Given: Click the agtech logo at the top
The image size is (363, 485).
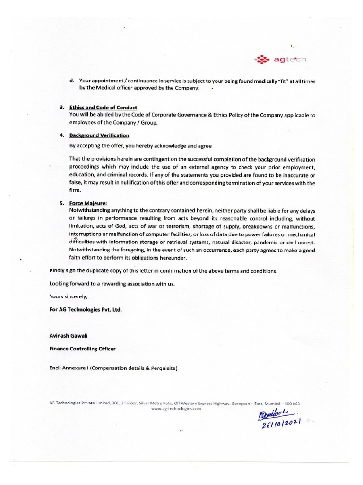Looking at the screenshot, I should [280, 60].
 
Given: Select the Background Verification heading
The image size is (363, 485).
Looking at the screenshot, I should [99, 135].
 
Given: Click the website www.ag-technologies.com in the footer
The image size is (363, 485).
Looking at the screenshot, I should [176, 408].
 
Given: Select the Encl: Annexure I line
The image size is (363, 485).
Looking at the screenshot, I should [113, 368].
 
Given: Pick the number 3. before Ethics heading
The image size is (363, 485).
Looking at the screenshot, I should [62, 108].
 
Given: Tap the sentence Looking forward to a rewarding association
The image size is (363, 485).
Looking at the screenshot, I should [115, 284].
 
